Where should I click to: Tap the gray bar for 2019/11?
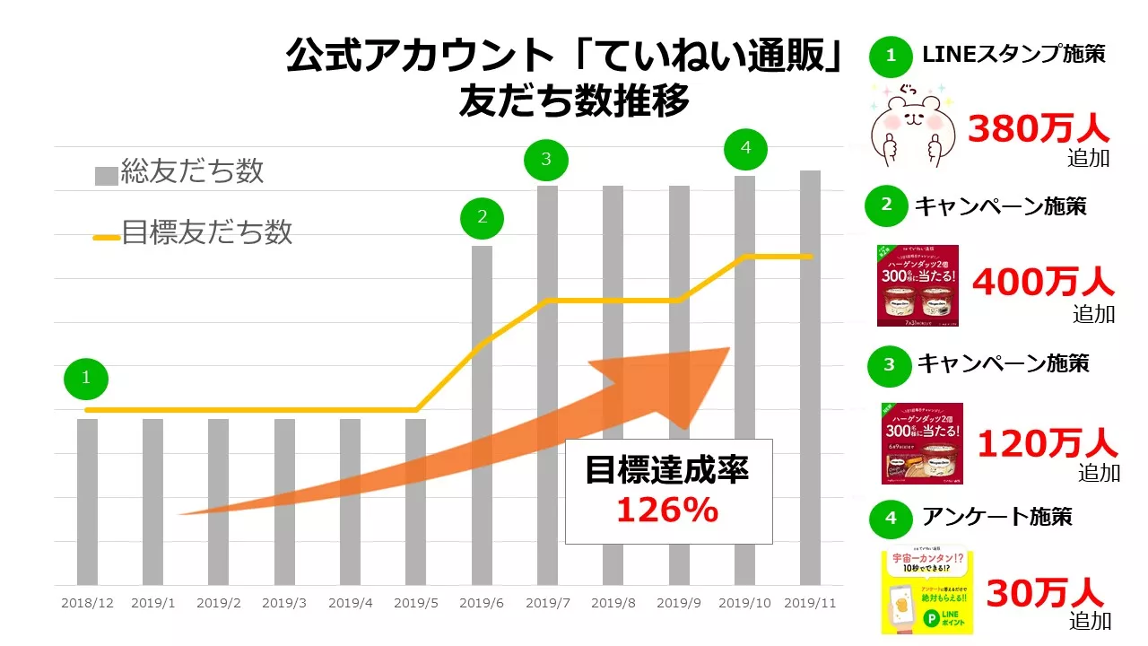[810, 377]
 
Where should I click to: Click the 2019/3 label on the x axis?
[284, 604]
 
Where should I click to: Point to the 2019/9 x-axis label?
[679, 604]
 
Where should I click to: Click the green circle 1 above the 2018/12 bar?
[86, 378]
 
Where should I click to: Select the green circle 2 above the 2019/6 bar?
[483, 216]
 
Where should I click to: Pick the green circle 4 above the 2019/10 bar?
[745, 147]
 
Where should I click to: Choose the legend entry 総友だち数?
[179, 171]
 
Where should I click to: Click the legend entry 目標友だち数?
[194, 232]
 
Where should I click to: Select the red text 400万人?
[1043, 283]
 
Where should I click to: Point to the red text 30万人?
[1045, 593]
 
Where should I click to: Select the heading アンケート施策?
[996, 517]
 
